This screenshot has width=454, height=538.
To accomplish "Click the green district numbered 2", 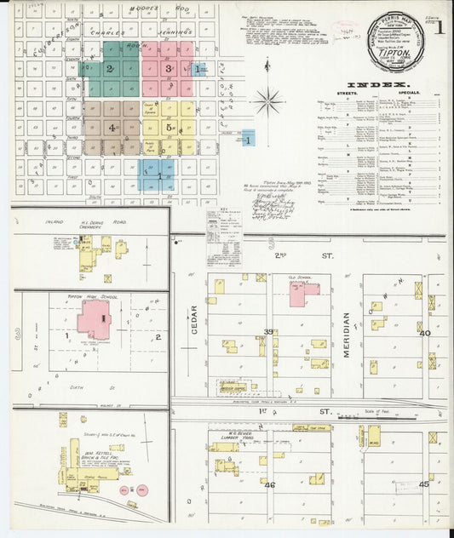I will (x=110, y=68).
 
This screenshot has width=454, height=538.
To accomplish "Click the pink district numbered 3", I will (x=170, y=68).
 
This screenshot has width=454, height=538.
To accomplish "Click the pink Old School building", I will (x=303, y=293).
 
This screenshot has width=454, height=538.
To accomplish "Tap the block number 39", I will (x=267, y=332).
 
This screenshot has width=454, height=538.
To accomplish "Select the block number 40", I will (x=425, y=333).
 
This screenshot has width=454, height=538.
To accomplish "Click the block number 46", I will (x=270, y=484).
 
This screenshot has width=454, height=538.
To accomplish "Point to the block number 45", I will (x=425, y=484).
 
